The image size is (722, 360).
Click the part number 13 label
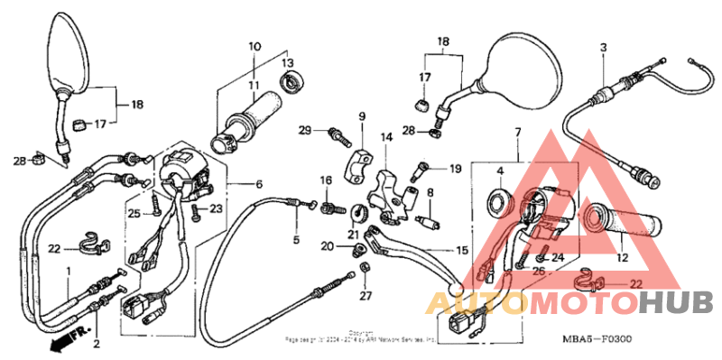click(x=287, y=62)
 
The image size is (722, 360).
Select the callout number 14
click(x=386, y=137)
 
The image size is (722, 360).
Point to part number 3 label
click(x=604, y=46)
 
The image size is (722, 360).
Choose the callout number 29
click(x=305, y=132)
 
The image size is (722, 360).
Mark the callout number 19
click(x=455, y=169)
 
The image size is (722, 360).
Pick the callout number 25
click(x=134, y=214)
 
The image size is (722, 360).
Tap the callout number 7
click(x=518, y=134)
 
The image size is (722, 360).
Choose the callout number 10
click(x=254, y=45)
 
